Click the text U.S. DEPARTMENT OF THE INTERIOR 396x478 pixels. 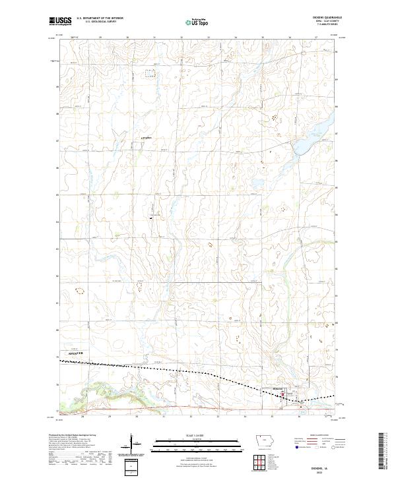[100, 19]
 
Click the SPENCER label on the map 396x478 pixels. [77, 354]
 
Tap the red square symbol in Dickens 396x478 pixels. [284, 391]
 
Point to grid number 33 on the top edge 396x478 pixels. [209, 38]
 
